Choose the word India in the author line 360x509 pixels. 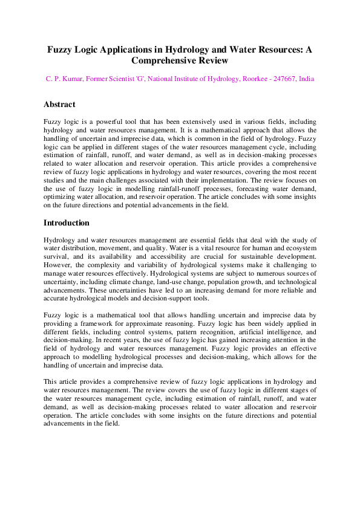pos(307,79)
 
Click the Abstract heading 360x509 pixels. pos(59,105)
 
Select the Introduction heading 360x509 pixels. pos(67,223)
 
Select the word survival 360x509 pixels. pos(57,257)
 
